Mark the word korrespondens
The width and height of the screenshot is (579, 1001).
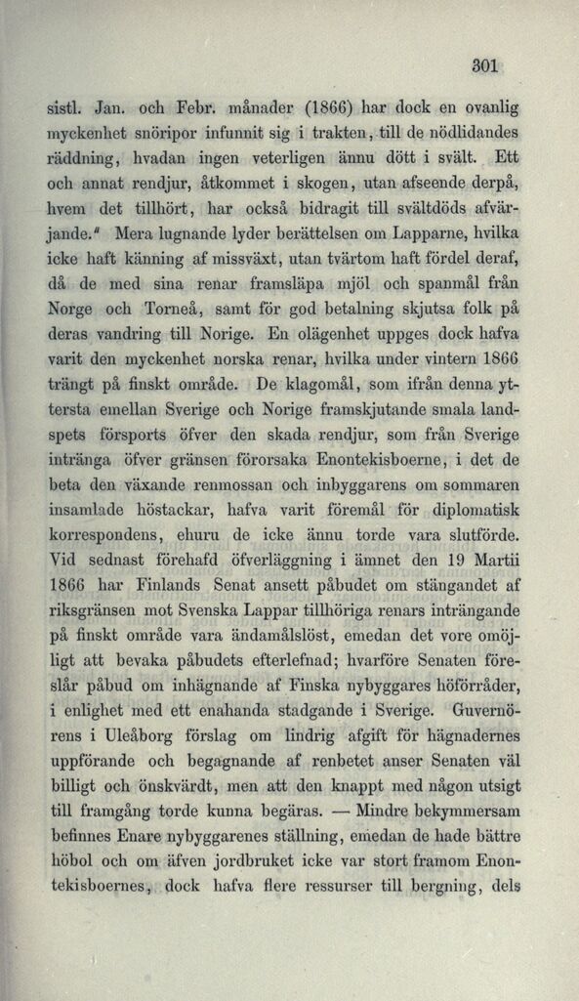[x=103, y=535]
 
